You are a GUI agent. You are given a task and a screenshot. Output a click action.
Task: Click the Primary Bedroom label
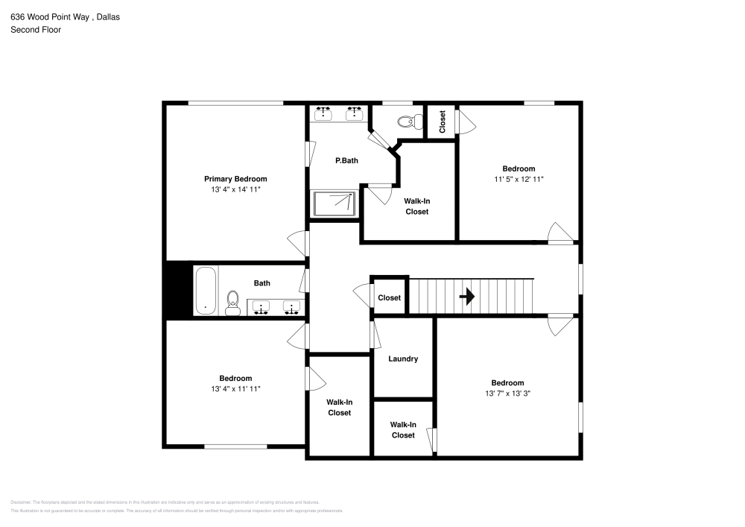(x=235, y=179)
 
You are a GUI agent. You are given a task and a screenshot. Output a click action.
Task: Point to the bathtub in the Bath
(x=205, y=291)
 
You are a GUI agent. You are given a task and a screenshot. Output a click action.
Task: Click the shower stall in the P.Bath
(x=334, y=203)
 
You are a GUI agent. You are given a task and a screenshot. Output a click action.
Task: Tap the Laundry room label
(x=403, y=359)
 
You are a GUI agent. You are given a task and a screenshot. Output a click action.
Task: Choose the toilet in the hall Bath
(x=232, y=302)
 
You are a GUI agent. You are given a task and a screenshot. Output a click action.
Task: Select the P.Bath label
(x=347, y=160)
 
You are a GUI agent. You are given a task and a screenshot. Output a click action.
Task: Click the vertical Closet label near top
(x=442, y=122)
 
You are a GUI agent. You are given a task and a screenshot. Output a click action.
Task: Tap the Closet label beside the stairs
(x=389, y=297)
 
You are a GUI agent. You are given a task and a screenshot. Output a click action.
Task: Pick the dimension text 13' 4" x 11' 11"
(x=235, y=388)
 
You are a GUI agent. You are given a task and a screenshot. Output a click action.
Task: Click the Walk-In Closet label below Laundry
(x=403, y=429)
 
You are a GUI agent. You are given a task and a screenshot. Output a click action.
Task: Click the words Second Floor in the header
(x=36, y=30)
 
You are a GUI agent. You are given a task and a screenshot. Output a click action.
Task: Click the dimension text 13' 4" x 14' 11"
(x=235, y=190)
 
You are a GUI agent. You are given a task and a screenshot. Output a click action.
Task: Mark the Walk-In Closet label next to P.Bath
(x=416, y=206)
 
